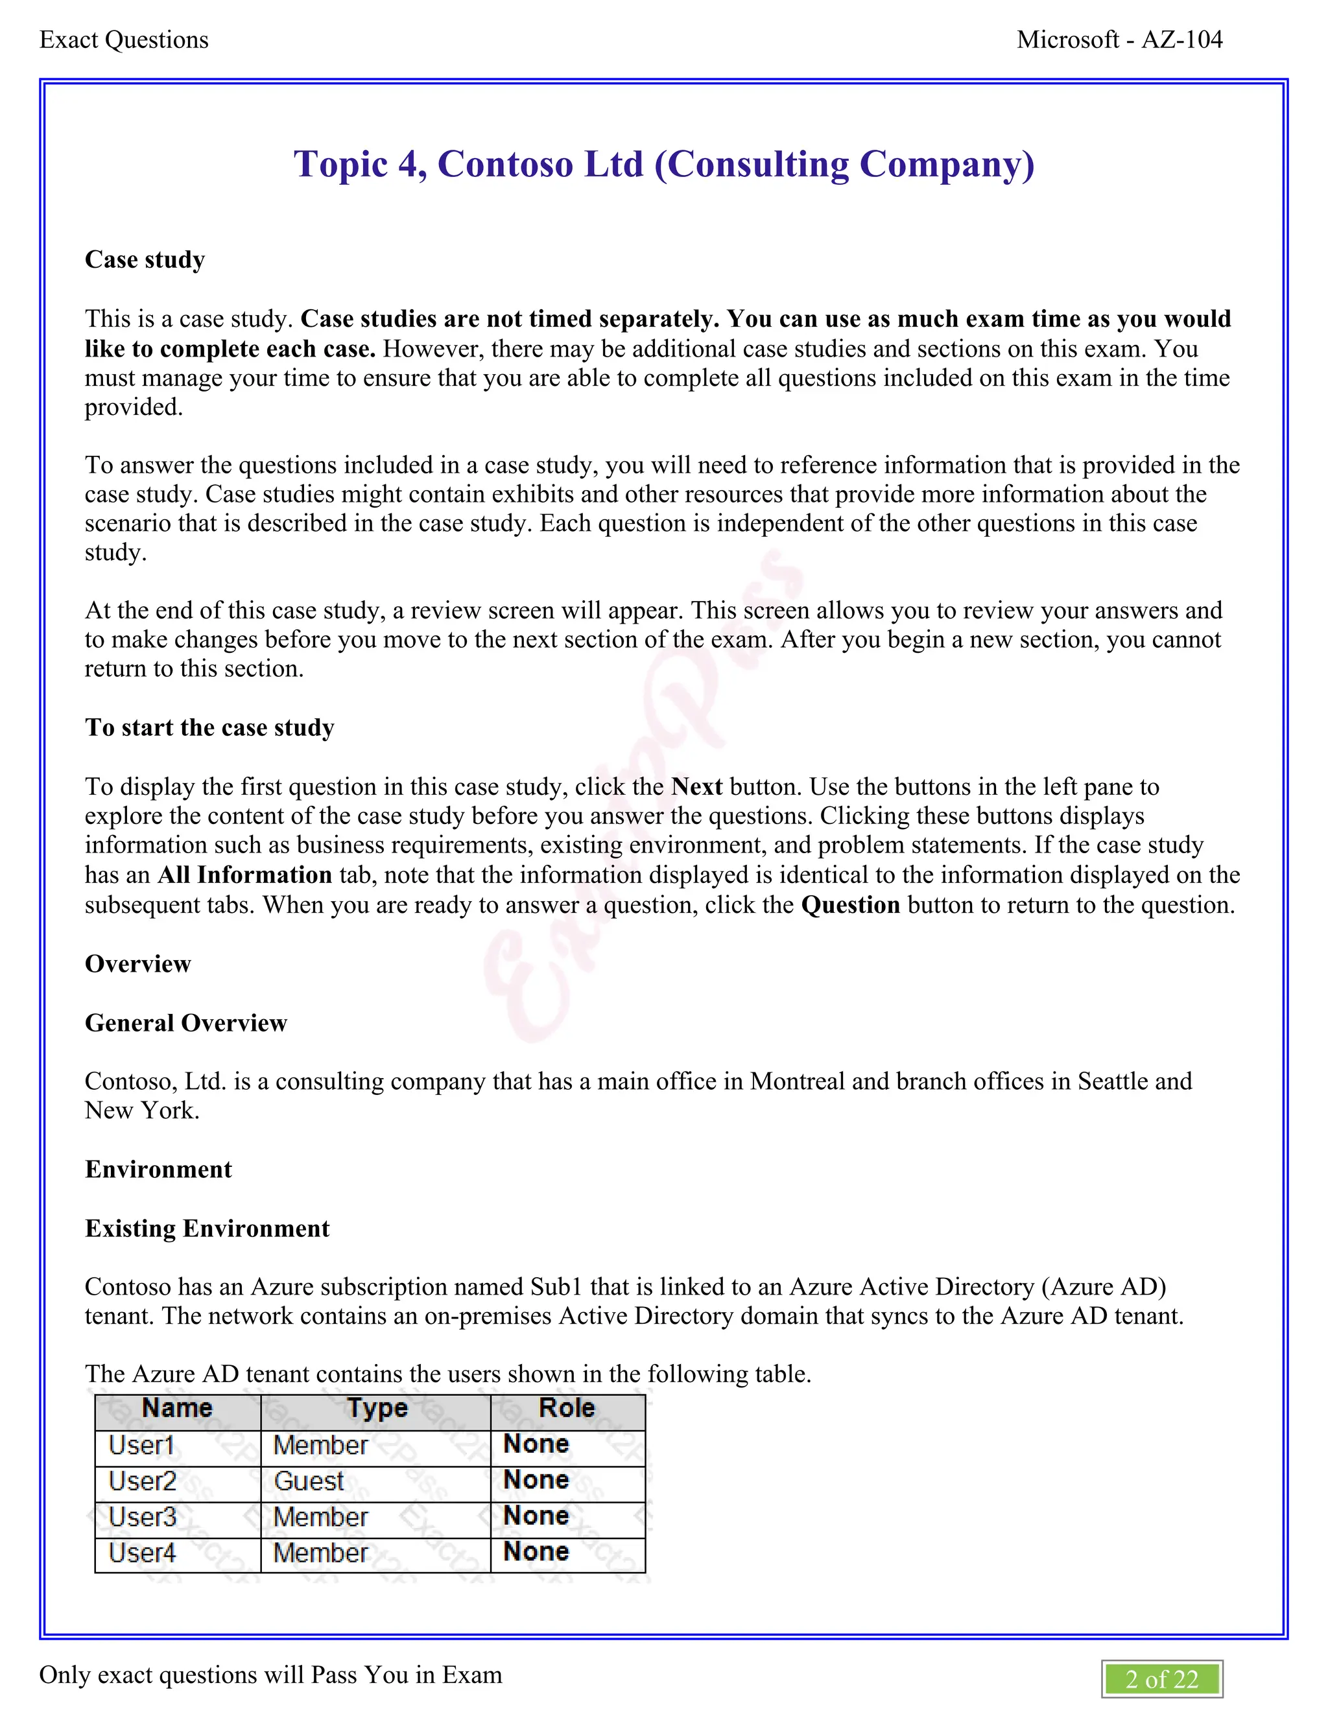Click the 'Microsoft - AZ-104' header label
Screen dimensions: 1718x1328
[x=1119, y=40]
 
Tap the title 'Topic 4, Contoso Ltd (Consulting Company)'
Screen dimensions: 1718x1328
[x=664, y=165]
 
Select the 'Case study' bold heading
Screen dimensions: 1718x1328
[x=145, y=259]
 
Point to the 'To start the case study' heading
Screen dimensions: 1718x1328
[x=209, y=727]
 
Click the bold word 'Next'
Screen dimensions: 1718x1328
[x=696, y=786]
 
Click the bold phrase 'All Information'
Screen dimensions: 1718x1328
[x=244, y=875]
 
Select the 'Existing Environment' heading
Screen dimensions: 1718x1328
[x=207, y=1228]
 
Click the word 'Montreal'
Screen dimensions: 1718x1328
[x=797, y=1081]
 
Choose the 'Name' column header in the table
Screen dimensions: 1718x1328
[x=177, y=1408]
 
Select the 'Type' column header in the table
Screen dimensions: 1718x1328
[x=377, y=1408]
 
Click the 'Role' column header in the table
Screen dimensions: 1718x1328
[x=567, y=1408]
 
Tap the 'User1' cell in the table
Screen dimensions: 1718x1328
[x=141, y=1445]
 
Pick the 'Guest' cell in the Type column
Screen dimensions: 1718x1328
[x=309, y=1481]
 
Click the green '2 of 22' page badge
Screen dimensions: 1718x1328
[x=1161, y=1680]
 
